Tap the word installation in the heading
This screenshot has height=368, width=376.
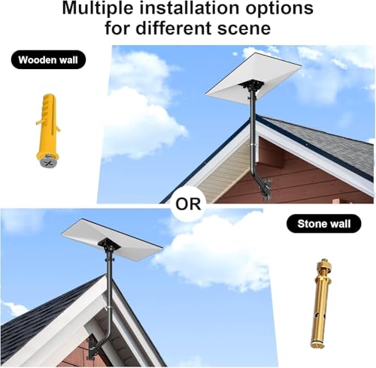point(190,10)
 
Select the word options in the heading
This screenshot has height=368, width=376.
point(278,10)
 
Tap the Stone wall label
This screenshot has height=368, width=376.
point(323,223)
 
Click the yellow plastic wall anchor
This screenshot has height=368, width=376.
point(48,128)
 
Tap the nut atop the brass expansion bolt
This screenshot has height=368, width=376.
point(323,265)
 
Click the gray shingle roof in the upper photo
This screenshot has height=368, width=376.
point(331,143)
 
